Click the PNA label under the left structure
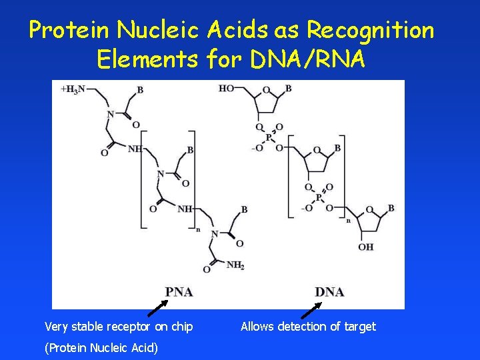click(x=179, y=292)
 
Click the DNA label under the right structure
click(x=329, y=292)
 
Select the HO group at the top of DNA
click(x=227, y=89)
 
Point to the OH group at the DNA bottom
click(x=366, y=247)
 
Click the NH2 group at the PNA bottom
click(x=234, y=265)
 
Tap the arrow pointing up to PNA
click(x=157, y=307)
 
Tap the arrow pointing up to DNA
click(x=311, y=309)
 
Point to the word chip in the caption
click(x=182, y=327)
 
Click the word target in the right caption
click(x=361, y=327)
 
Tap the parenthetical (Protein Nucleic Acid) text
click(x=101, y=347)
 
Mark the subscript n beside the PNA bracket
click(x=198, y=229)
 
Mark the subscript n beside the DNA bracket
click(x=347, y=219)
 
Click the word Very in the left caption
click(x=56, y=327)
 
